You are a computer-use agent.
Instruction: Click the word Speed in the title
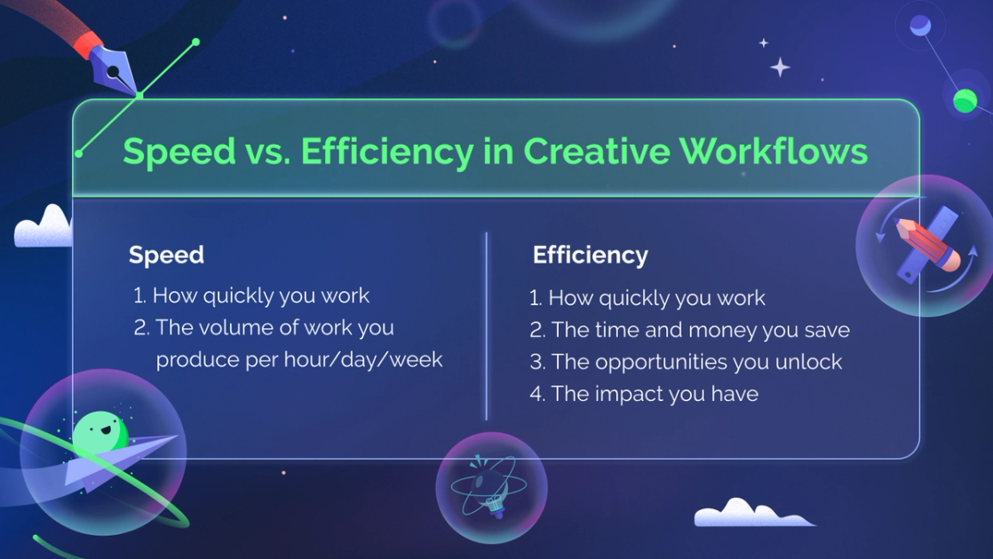coord(166,152)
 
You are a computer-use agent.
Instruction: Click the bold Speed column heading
coord(166,255)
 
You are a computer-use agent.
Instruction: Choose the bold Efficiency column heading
coord(590,256)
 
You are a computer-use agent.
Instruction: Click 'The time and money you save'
coord(700,330)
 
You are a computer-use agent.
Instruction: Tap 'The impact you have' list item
coord(655,394)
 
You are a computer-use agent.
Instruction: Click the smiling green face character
coord(99,433)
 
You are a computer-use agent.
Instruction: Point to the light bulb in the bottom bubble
coord(491,490)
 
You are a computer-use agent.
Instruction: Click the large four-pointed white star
coord(780,67)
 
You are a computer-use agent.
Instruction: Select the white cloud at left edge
coord(44,228)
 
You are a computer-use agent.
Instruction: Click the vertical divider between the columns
coord(487,326)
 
